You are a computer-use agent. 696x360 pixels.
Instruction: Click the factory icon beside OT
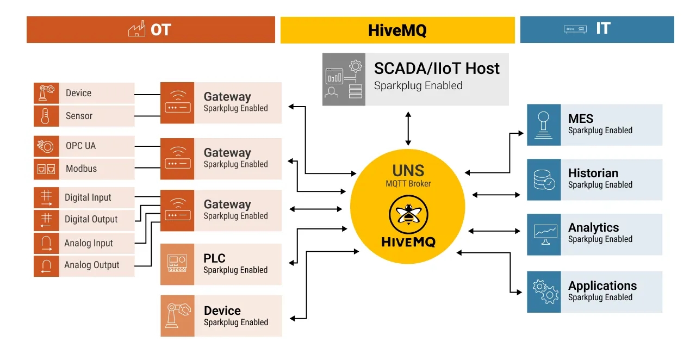(x=136, y=29)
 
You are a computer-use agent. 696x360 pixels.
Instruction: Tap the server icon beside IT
(x=575, y=29)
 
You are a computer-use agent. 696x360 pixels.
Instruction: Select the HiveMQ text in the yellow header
(x=397, y=30)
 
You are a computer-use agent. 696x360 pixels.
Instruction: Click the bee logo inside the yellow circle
(x=408, y=215)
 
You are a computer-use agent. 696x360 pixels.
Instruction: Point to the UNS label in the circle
(x=408, y=171)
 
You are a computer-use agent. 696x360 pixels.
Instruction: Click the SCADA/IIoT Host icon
(x=344, y=79)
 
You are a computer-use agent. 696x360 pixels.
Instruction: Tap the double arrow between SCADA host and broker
(x=408, y=128)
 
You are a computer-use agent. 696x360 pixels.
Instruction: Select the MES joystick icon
(x=544, y=125)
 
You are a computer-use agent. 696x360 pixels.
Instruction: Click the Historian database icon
(x=544, y=179)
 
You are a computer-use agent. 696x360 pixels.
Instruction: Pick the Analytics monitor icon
(x=544, y=234)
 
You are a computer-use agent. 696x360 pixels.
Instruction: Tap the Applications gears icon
(x=544, y=292)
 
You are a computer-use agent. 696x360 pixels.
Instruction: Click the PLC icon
(x=177, y=264)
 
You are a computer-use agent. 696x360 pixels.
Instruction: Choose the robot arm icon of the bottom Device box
(x=177, y=316)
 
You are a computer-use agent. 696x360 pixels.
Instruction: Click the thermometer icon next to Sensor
(x=46, y=116)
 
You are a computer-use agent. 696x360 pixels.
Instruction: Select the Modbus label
(x=81, y=169)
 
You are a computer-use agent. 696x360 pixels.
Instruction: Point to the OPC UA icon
(x=46, y=146)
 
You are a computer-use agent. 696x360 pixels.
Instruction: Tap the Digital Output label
(x=91, y=219)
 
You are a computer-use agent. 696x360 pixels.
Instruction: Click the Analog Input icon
(x=46, y=243)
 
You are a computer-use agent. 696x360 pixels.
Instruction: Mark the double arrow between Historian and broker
(x=496, y=195)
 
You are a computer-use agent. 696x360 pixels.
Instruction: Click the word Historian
(x=593, y=173)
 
